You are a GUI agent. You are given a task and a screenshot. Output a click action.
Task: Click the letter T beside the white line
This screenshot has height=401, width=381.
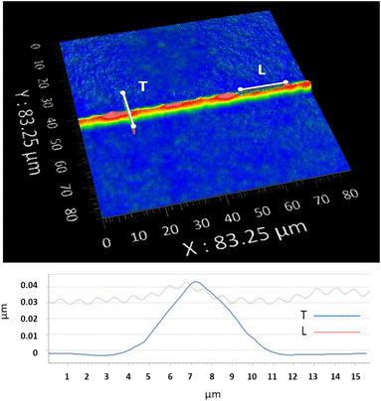coord(142,87)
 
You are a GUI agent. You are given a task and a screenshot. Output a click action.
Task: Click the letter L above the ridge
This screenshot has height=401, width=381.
coord(262,69)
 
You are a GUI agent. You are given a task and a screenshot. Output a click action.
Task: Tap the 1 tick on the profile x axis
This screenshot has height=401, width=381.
coord(67,375)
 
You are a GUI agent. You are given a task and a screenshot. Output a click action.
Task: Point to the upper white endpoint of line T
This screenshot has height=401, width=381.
coord(123,93)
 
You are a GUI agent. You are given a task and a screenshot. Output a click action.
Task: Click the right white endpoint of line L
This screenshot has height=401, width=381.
coord(286,82)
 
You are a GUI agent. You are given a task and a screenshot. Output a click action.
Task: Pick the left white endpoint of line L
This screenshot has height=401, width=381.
coord(240,89)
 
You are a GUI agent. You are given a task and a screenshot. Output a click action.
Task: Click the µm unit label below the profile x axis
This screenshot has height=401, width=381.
coord(203,393)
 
